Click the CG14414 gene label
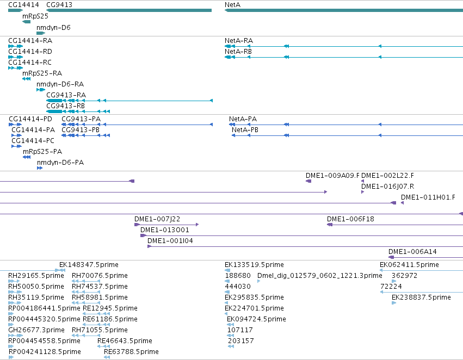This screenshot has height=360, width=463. (x=23, y=5)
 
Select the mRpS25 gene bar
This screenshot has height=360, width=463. (x=26, y=22)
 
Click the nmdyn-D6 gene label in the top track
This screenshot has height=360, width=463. (x=53, y=28)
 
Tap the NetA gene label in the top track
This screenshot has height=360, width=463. (x=233, y=5)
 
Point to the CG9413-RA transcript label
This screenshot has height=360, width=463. (x=66, y=95)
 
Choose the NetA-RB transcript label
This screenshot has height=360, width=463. (x=238, y=52)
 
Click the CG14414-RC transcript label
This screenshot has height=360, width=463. (x=30, y=63)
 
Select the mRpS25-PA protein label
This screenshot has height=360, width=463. (x=42, y=152)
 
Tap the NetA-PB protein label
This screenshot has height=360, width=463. (x=245, y=130)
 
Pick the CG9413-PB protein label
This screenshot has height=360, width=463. (x=81, y=130)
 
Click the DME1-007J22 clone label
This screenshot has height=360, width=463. (x=157, y=219)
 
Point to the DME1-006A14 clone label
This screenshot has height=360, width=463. (x=412, y=251)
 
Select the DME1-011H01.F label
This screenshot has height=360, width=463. (x=428, y=197)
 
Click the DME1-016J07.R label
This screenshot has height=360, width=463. (x=388, y=186)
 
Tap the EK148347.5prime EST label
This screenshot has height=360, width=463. (x=89, y=265)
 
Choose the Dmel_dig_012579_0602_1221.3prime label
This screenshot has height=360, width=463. (x=320, y=276)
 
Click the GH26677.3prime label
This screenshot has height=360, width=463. (x=36, y=330)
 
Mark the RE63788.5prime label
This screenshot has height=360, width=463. (x=132, y=352)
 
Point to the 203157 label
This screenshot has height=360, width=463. (x=241, y=341)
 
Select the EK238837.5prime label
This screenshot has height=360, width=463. (x=421, y=297)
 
